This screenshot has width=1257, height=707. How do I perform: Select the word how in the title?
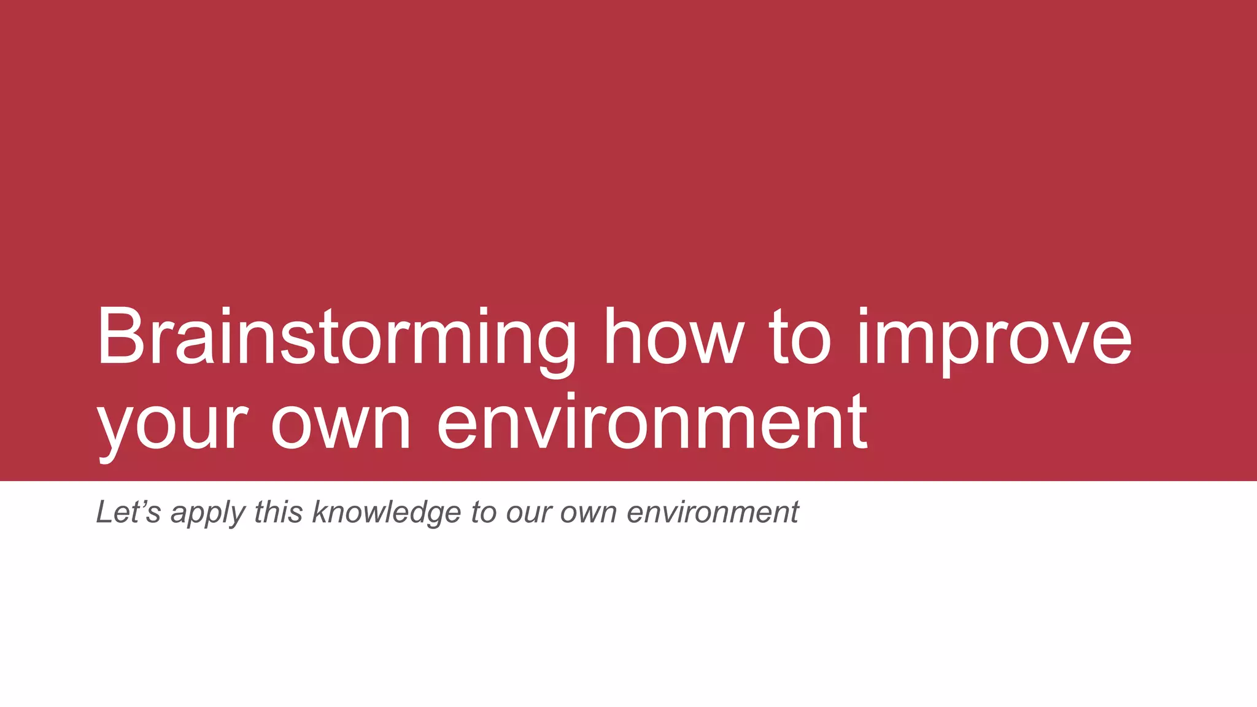(674, 339)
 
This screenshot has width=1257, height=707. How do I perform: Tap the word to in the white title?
(800, 339)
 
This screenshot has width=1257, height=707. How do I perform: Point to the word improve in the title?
(994, 339)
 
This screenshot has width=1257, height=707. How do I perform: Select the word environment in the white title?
(652, 423)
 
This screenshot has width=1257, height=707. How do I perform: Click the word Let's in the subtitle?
(128, 512)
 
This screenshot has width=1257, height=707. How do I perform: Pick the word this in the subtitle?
(278, 512)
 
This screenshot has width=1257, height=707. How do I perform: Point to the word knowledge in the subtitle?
(387, 513)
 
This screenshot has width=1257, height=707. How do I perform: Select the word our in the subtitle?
(528, 513)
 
